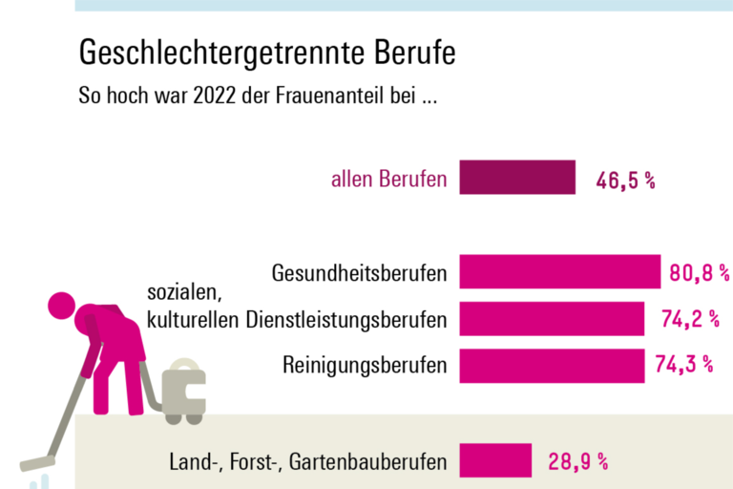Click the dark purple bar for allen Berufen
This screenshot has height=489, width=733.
[517, 178]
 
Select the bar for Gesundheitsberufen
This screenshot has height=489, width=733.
[560, 272]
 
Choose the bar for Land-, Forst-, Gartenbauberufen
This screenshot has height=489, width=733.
[495, 460]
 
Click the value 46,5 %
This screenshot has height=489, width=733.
[625, 180]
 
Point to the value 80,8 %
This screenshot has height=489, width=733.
[698, 273]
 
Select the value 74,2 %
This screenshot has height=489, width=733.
[689, 319]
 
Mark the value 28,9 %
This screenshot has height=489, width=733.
[577, 461]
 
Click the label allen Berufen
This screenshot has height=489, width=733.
[388, 179]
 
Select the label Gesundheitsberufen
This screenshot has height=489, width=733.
[359, 273]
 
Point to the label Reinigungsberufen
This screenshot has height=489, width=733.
[365, 365]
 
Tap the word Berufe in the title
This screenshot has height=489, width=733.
[410, 53]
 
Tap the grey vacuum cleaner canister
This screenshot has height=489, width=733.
[183, 389]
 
